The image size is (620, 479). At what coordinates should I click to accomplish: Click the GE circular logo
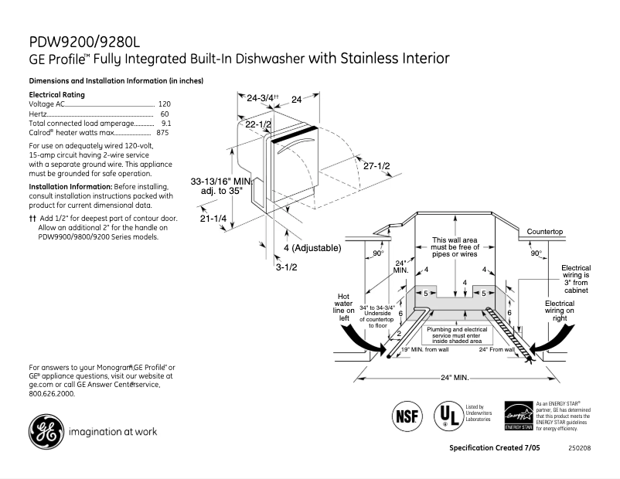click(x=46, y=431)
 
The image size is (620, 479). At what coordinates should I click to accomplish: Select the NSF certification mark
click(x=409, y=415)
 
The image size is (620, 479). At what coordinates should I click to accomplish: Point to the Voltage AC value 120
click(x=164, y=104)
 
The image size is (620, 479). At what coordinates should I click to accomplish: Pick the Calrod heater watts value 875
click(x=162, y=133)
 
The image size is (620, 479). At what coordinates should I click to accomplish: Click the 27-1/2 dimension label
click(x=376, y=166)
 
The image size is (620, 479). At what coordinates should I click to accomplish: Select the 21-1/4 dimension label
click(x=213, y=219)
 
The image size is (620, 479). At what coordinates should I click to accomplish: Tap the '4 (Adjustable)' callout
click(x=311, y=248)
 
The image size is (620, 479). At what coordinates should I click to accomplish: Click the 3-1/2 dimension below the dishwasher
click(x=287, y=267)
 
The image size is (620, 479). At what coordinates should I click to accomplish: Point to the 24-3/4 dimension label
click(x=261, y=99)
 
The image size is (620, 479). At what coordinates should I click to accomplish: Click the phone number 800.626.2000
click(x=52, y=393)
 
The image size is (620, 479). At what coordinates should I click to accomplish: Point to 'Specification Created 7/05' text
click(x=494, y=448)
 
